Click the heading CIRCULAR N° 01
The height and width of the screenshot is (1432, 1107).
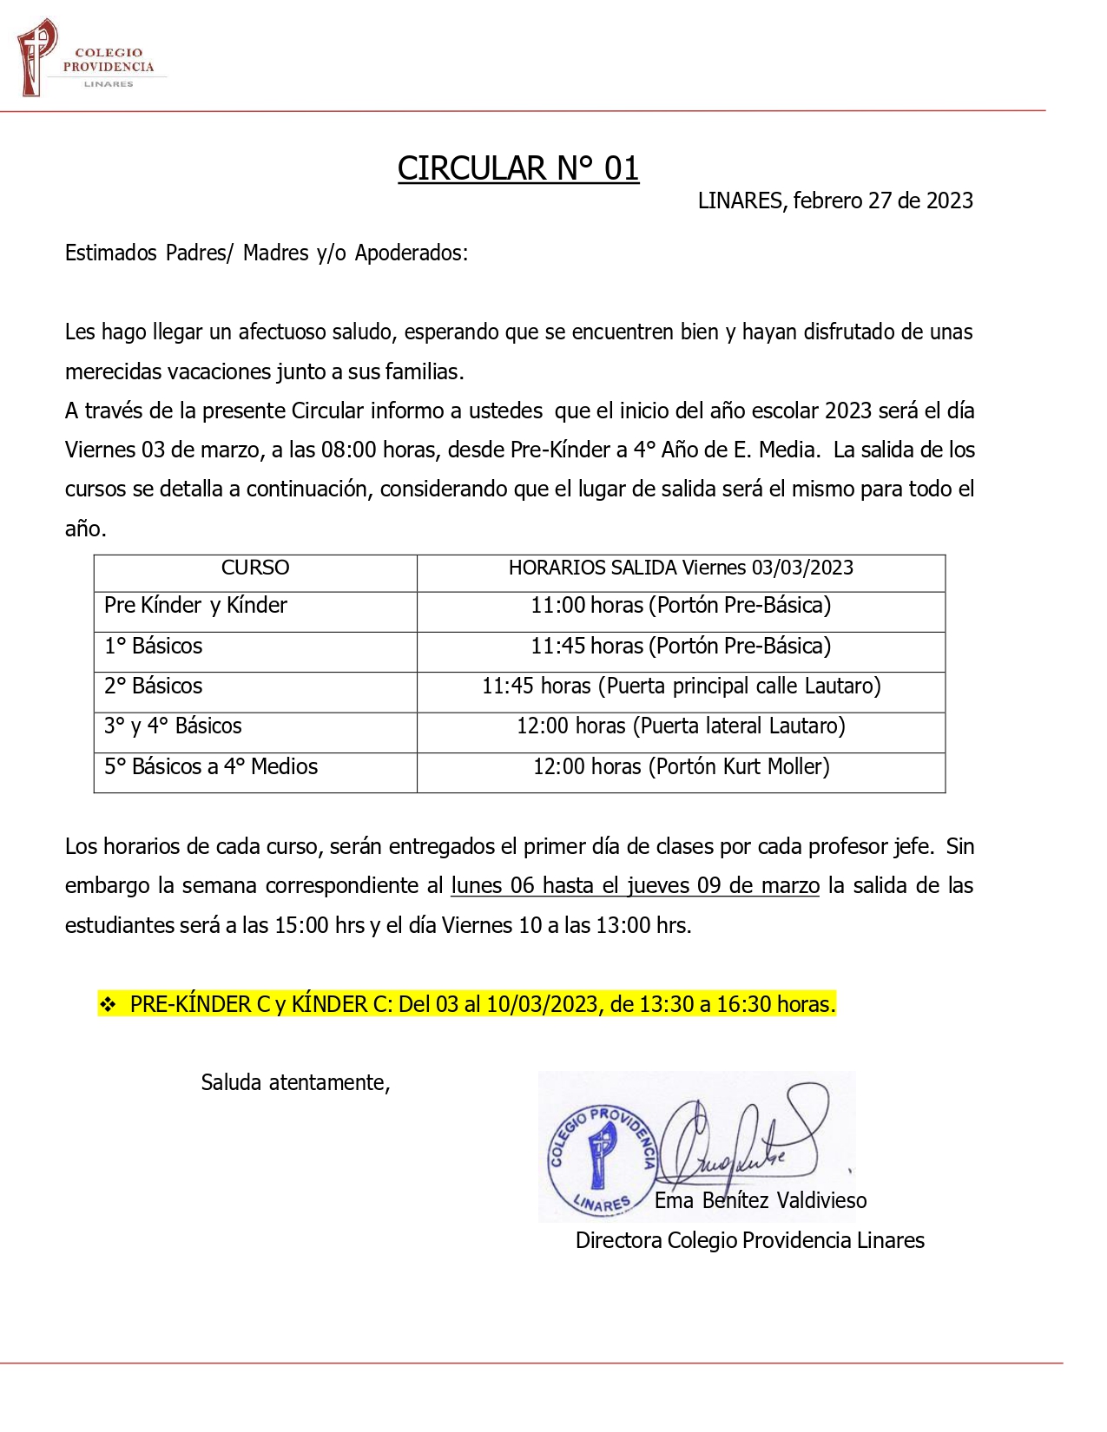pos(518,168)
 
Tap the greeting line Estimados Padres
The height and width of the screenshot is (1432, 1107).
pos(266,253)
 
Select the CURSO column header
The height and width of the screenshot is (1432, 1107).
pos(254,568)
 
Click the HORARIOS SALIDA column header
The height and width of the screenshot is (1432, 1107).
pos(681,568)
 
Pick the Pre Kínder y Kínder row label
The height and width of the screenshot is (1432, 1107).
pos(195,605)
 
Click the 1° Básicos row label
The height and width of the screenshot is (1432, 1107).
pos(153,646)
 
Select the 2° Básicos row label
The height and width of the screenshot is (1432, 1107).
pos(153,686)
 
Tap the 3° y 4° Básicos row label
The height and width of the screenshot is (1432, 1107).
pos(173,726)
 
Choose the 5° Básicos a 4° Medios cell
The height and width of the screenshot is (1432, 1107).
pos(211,766)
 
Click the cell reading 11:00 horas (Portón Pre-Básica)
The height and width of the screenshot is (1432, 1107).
pos(681,605)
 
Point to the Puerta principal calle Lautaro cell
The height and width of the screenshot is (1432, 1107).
pos(681,686)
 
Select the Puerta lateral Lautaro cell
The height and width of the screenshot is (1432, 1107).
pos(681,726)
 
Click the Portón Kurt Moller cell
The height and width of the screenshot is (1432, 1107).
pos(681,766)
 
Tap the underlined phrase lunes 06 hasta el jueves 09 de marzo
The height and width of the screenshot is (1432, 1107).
pos(635,885)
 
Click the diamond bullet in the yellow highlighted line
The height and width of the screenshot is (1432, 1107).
pos(108,1004)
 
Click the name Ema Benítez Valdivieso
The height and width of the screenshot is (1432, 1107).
pos(761,1200)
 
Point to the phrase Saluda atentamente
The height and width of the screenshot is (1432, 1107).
pos(295,1082)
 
